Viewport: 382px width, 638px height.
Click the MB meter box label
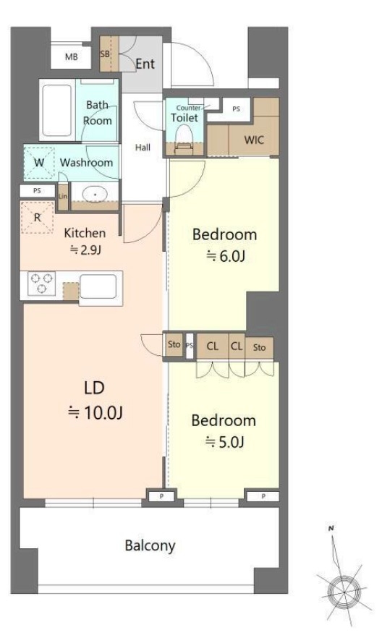(71, 57)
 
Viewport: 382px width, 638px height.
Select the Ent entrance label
(145, 64)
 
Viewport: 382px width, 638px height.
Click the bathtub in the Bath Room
(57, 110)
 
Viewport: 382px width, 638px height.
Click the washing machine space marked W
(39, 163)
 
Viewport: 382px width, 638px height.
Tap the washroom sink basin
(95, 195)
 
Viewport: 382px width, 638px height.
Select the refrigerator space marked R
(37, 217)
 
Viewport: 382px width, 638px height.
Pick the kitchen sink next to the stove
(98, 286)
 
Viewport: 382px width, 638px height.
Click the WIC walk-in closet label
(254, 140)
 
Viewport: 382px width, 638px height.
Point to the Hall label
(143, 148)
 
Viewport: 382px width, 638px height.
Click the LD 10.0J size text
(95, 413)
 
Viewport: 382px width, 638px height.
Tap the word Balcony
(150, 545)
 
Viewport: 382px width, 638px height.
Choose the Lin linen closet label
(63, 196)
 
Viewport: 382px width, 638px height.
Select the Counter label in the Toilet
(188, 109)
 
